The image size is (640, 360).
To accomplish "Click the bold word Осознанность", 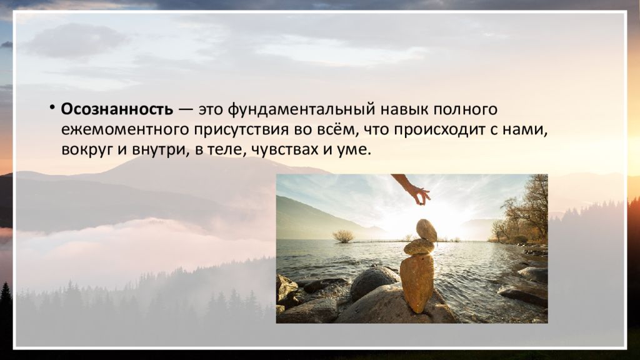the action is pyautogui.click(x=117, y=109).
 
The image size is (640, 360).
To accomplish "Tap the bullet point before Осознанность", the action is pyautogui.click(x=52, y=107).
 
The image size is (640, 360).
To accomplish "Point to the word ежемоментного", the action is pyautogui.click(x=124, y=130).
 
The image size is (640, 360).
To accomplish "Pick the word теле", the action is pyautogui.click(x=226, y=150).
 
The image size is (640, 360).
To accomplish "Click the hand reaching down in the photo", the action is pyautogui.click(x=413, y=189).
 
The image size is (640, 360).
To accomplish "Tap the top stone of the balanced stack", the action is pyautogui.click(x=426, y=230).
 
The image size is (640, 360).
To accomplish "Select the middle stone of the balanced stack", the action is pyautogui.click(x=419, y=247).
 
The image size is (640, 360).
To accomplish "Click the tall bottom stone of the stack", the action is pyautogui.click(x=417, y=283).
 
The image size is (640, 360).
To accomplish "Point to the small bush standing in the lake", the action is pyautogui.click(x=343, y=236).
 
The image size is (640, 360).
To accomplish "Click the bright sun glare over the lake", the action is pyautogui.click(x=443, y=224).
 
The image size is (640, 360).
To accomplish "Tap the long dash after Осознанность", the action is pyautogui.click(x=186, y=110).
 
